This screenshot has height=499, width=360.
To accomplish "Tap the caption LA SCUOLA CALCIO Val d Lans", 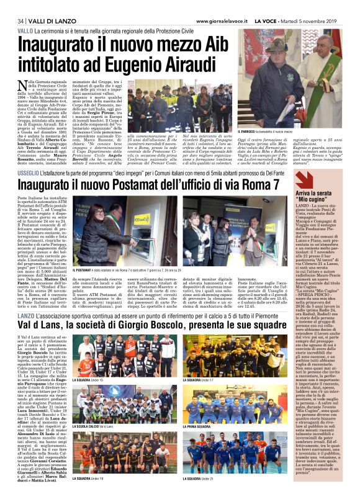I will coord(93,426).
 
